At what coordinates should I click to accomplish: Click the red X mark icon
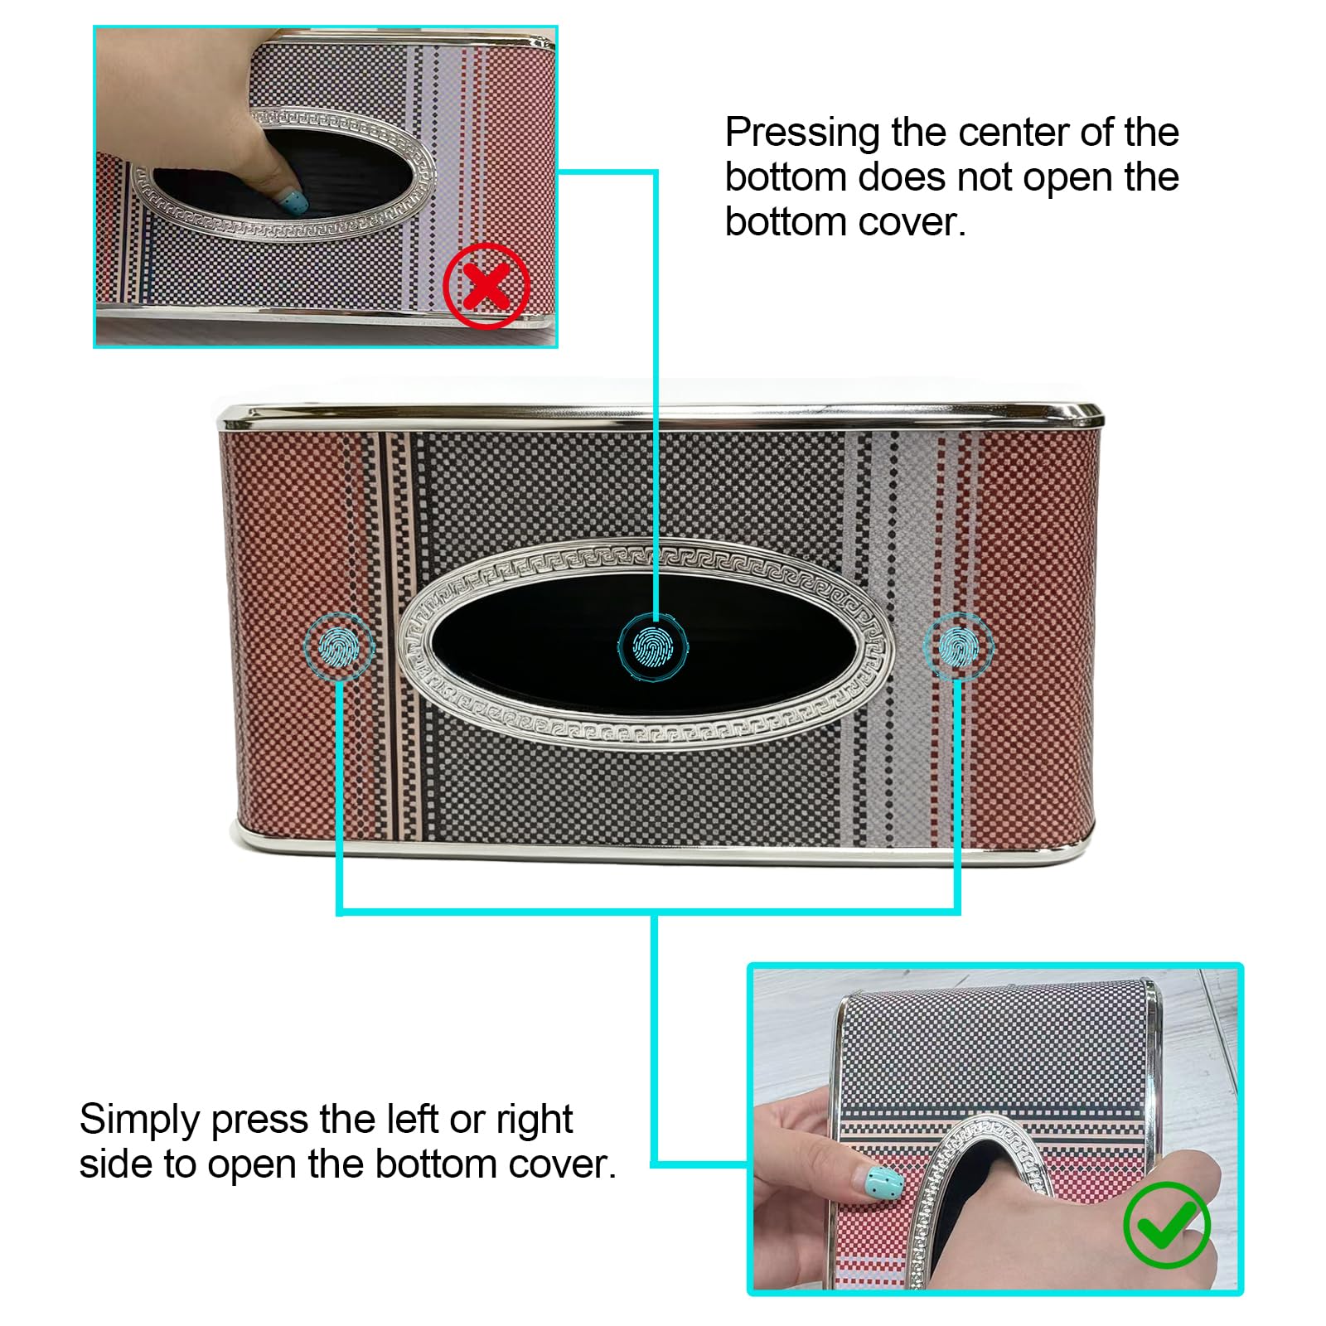coord(486,286)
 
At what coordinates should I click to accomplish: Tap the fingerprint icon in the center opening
coord(654,646)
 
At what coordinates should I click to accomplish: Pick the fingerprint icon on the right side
coord(958,646)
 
